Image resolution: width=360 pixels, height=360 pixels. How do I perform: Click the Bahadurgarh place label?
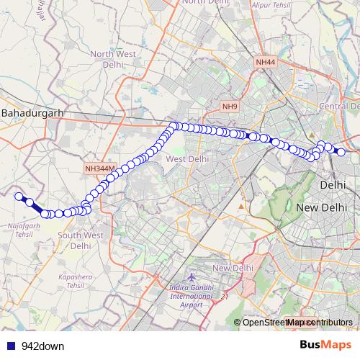pyautogui.click(x=33, y=114)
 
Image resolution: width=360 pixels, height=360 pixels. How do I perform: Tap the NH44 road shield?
pyautogui.click(x=265, y=63)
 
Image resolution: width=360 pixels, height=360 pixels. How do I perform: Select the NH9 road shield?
pyautogui.click(x=230, y=107)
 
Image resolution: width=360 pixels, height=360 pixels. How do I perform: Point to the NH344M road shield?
pyautogui.click(x=99, y=168)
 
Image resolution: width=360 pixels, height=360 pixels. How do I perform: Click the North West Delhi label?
pyautogui.click(x=112, y=58)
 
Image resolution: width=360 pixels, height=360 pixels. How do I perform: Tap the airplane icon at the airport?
pyautogui.click(x=191, y=277)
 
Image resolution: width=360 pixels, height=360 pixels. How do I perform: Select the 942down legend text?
pyautogui.click(x=42, y=346)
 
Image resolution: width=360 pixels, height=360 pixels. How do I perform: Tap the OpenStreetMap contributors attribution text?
pyautogui.click(x=297, y=322)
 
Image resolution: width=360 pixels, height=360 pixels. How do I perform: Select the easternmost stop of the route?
pyautogui.click(x=341, y=152)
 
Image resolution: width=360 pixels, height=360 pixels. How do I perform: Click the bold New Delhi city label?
pyautogui.click(x=321, y=207)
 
